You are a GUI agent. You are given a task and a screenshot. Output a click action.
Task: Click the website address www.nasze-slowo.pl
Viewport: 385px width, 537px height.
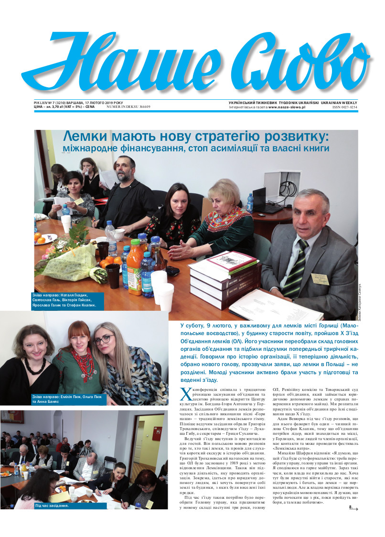[x=287, y=107]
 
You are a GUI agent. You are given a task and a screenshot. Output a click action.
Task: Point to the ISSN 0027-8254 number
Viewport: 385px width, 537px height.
[x=344, y=107]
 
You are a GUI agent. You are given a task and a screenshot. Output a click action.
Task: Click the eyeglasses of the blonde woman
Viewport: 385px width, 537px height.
[x=105, y=340]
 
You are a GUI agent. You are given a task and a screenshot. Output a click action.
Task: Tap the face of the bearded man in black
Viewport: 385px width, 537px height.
[x=125, y=169]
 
